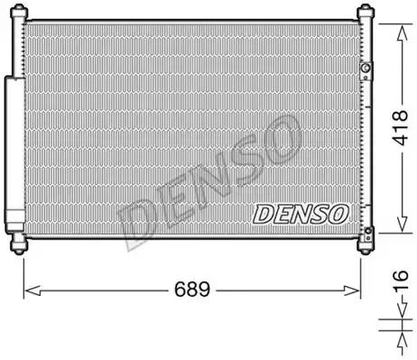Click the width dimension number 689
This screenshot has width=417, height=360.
tap(192, 290)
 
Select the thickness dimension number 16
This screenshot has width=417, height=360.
tap(402, 281)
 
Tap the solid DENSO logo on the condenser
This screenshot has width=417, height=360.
tap(301, 214)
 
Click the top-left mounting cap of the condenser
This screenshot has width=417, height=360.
tap(19, 12)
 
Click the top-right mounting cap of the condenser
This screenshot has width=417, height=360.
tap(366, 12)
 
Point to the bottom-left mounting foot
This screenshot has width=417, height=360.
tap(19, 245)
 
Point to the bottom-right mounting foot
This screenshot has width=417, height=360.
tap(366, 245)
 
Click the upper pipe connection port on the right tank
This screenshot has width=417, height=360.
tap(366, 70)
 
